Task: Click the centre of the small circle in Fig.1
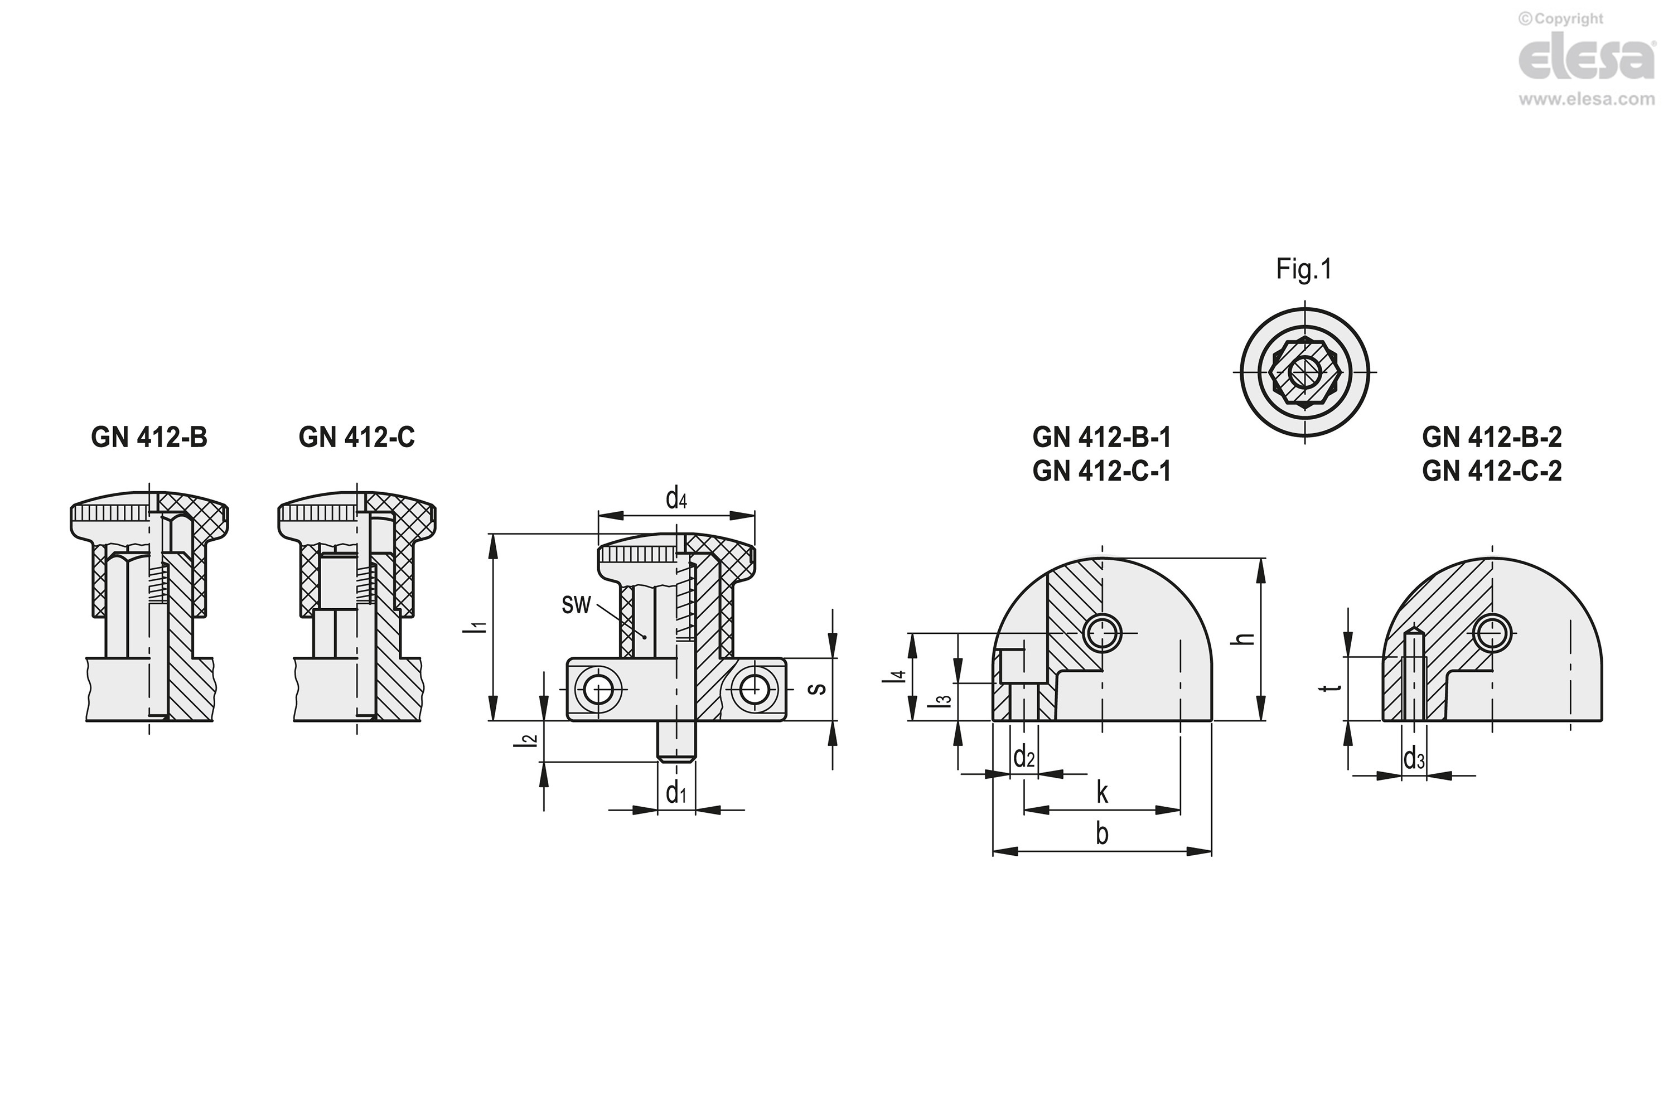pos(1304,371)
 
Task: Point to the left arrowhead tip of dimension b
pos(993,851)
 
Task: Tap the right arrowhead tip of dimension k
pos(1180,809)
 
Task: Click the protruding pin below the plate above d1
pos(676,741)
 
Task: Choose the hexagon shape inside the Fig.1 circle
pos(1304,371)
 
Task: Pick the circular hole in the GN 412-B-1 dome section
pos(1102,632)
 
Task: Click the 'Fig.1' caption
pos(1304,269)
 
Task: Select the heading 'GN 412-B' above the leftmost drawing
pos(149,437)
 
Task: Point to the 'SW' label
pos(576,604)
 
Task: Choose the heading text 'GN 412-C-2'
pos(1492,471)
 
